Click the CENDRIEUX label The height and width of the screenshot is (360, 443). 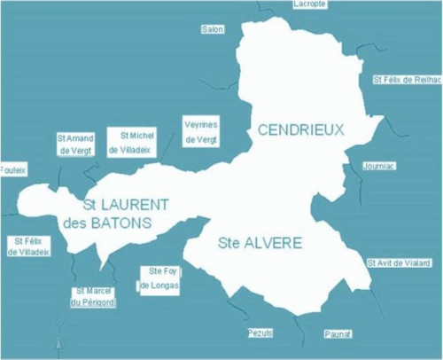(300, 130)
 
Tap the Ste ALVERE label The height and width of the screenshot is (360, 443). (260, 242)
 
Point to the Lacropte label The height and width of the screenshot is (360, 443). (309, 4)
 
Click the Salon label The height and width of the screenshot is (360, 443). (213, 29)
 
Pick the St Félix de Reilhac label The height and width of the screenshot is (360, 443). (407, 80)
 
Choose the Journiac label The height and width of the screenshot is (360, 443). (380, 166)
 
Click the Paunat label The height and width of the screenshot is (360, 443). (338, 333)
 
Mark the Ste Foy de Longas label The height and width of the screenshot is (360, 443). (159, 278)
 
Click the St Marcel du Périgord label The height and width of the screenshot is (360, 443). (93, 296)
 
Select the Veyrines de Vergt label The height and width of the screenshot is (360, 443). (200, 130)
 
